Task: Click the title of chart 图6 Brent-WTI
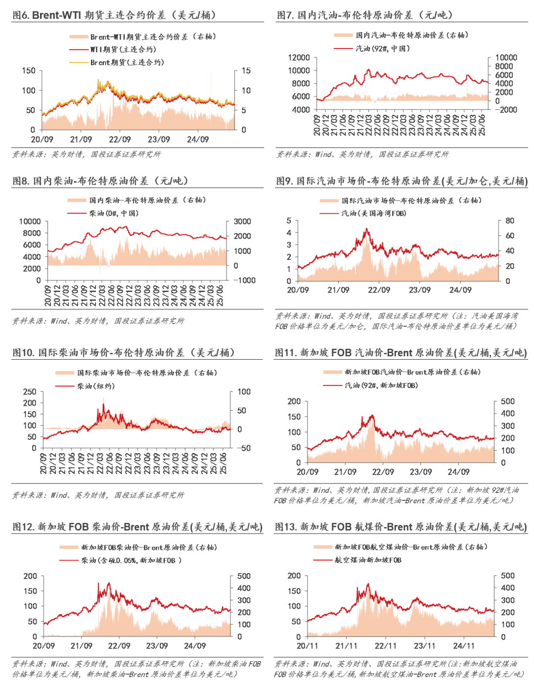(114, 15)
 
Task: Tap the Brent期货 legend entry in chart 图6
(127, 62)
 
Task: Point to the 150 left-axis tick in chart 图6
(29, 71)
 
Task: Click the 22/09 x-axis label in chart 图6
(120, 140)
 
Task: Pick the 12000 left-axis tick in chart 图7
(299, 57)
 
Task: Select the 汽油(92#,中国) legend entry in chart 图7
(383, 49)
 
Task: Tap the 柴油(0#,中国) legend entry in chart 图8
(114, 213)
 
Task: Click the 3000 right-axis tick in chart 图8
(242, 221)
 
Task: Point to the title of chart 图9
(401, 181)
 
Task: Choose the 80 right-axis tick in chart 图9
(510, 221)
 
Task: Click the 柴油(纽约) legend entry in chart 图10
(95, 386)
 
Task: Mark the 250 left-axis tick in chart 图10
(30, 391)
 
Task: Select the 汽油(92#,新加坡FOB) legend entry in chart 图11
(381, 385)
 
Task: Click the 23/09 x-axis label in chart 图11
(421, 472)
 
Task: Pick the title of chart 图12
(137, 527)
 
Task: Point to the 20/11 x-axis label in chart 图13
(308, 646)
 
